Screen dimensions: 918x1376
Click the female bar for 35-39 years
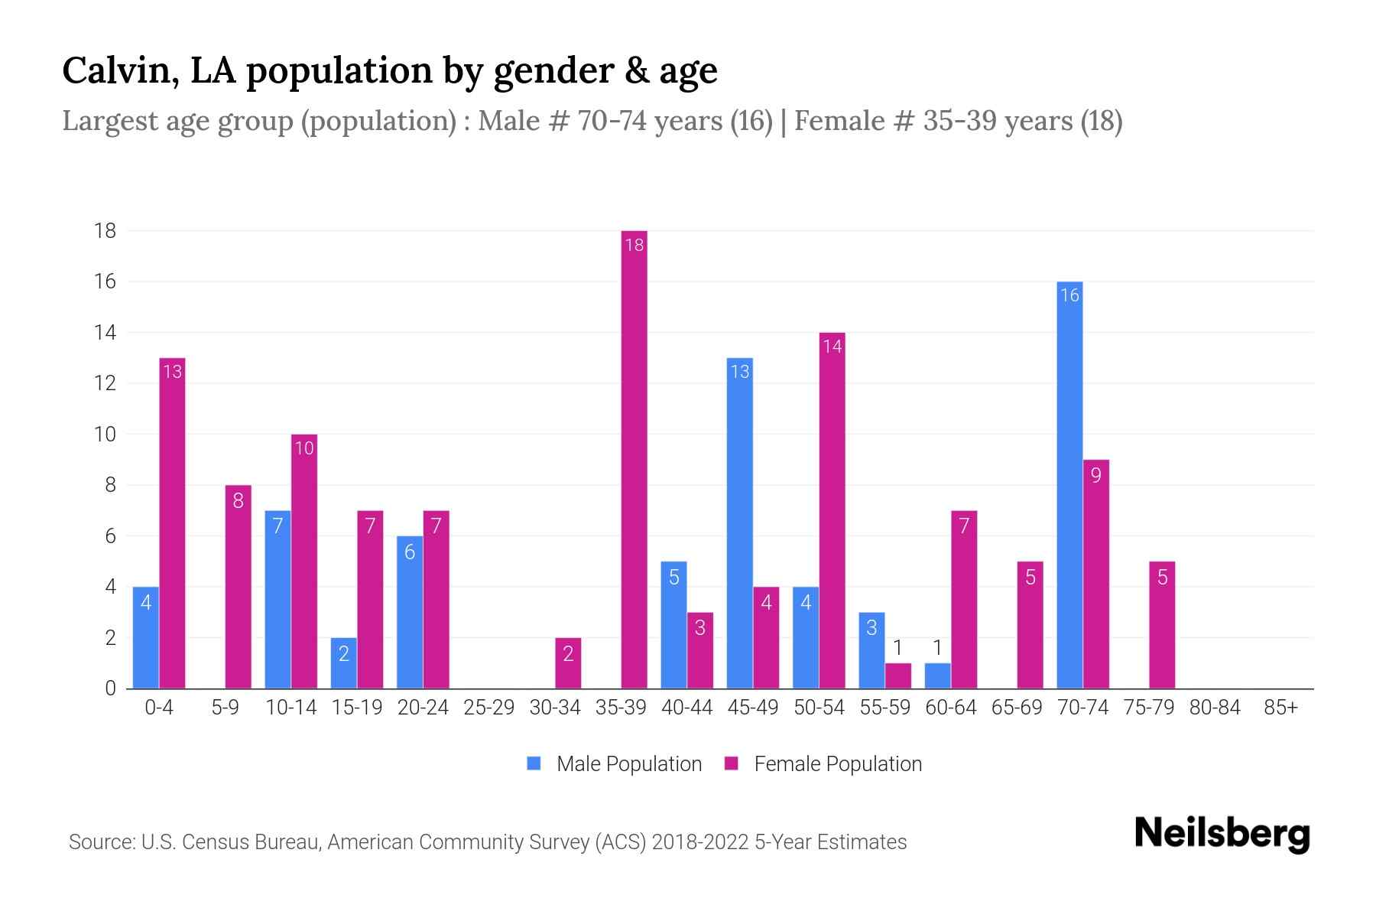[x=634, y=459]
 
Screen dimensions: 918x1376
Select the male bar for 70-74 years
[x=1069, y=485]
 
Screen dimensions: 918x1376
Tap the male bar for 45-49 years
[x=739, y=523]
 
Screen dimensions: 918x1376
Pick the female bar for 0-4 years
[x=172, y=523]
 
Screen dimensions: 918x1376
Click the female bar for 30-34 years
[x=568, y=663]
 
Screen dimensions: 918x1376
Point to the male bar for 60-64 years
[x=937, y=676]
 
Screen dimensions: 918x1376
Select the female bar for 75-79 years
[x=1162, y=625]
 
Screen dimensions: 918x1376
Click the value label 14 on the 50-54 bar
[x=832, y=347]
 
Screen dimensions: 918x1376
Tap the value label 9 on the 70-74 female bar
[x=1095, y=475]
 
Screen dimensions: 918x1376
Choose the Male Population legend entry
[x=615, y=764]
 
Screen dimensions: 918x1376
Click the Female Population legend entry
[x=823, y=764]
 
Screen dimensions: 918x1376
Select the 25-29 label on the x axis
[x=489, y=708]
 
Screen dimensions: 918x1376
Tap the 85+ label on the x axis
[x=1280, y=708]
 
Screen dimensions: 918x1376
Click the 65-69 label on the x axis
[x=1017, y=708]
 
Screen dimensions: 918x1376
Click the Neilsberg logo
[x=1222, y=834]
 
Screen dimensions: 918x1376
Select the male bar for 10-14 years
[x=277, y=600]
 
